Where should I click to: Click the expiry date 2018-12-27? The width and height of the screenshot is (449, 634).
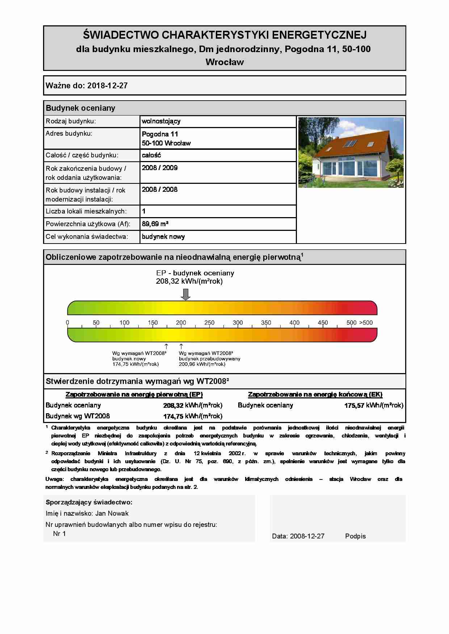[108, 86]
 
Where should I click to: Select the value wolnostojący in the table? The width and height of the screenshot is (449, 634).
[161, 121]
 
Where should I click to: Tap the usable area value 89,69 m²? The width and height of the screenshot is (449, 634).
[155, 224]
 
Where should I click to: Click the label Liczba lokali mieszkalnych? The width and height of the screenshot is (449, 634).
[86, 211]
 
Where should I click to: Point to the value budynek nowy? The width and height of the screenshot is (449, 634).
[163, 237]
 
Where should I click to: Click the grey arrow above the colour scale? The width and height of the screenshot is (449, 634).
[185, 295]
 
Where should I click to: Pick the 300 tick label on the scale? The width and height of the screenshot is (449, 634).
[238, 322]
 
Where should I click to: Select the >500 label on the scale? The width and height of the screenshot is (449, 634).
[366, 322]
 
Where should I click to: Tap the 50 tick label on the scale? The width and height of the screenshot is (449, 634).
[96, 322]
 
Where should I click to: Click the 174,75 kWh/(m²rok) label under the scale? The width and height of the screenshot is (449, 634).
[135, 364]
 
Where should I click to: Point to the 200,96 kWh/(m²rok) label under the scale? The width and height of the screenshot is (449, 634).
[202, 364]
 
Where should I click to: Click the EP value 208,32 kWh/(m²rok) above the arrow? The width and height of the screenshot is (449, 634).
[189, 281]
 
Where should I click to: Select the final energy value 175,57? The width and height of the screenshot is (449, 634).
[354, 406]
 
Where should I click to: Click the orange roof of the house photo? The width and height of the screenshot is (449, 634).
[344, 145]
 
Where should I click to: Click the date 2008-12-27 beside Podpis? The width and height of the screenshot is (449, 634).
[307, 536]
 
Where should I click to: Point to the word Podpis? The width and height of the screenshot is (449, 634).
[355, 536]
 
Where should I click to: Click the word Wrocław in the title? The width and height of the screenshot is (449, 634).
[224, 62]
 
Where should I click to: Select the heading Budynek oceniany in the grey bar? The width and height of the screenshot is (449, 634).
[80, 108]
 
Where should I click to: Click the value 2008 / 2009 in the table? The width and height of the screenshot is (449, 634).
[160, 168]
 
